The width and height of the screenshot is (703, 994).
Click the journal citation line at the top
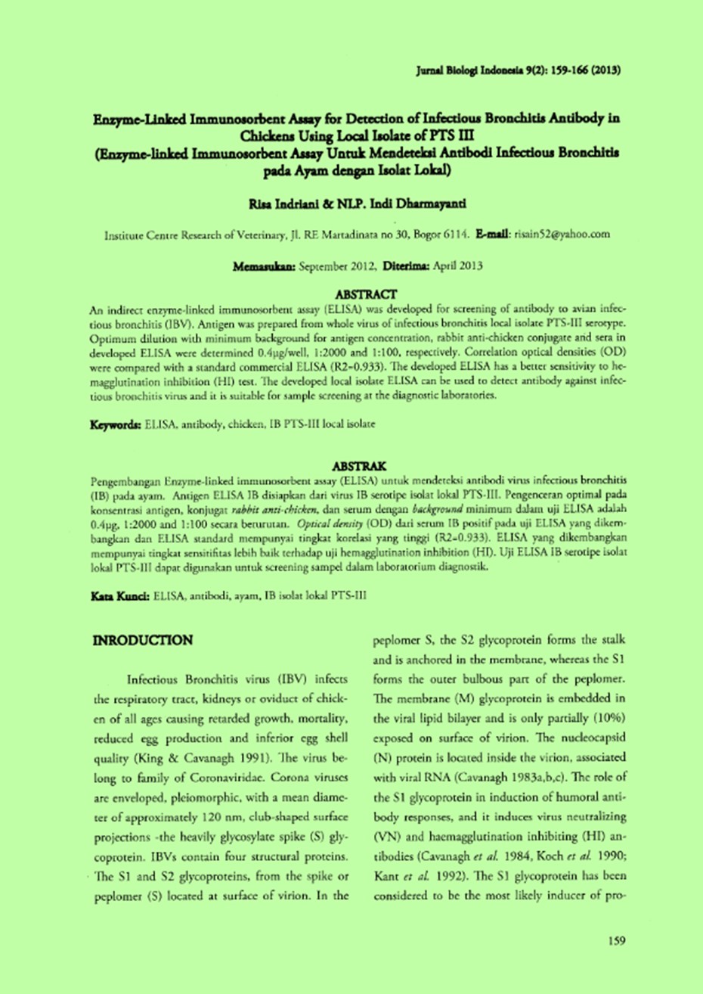tap(519, 70)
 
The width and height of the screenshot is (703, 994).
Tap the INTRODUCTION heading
tap(142, 641)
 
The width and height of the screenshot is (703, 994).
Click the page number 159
tap(616, 941)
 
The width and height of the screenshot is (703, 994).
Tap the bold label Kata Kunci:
tap(119, 596)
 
